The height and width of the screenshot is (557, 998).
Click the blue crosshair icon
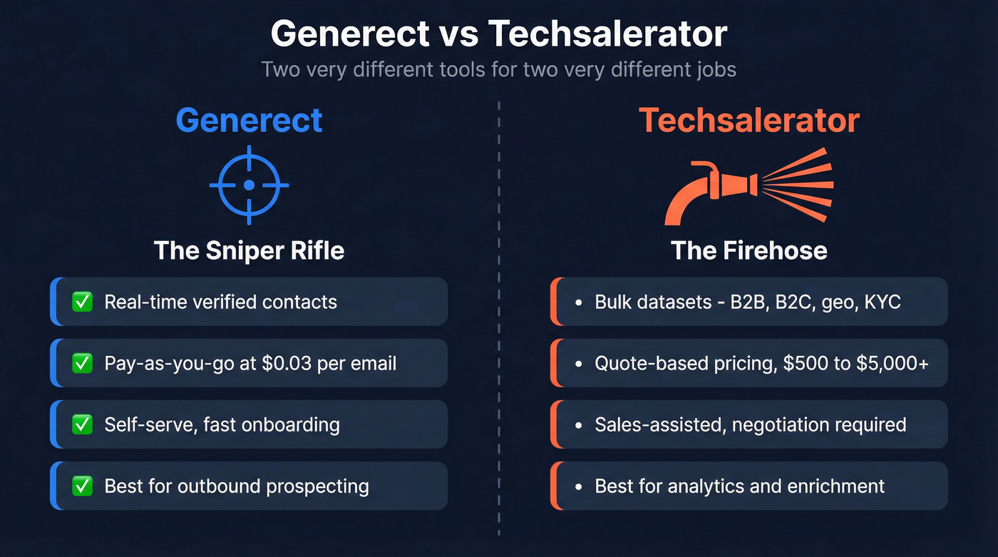coord(249,185)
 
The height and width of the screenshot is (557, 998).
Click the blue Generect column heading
coord(249,120)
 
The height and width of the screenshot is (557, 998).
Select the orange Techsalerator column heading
coord(748,120)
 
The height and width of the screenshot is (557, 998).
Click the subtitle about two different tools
coord(498,70)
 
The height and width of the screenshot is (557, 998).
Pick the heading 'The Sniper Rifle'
coord(249,250)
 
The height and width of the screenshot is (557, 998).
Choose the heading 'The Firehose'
coord(748,250)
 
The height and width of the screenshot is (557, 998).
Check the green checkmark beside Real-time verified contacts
coord(83,302)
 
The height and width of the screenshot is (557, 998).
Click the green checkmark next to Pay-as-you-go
coord(83,363)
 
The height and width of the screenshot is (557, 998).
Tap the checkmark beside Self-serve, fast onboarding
coord(83,424)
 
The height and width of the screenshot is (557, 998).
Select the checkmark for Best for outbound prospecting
coord(83,486)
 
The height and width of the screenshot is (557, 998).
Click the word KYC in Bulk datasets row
coord(883,302)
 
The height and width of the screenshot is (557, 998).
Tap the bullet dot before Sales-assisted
coord(579,425)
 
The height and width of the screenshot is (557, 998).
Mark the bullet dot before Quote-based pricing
coord(579,364)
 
